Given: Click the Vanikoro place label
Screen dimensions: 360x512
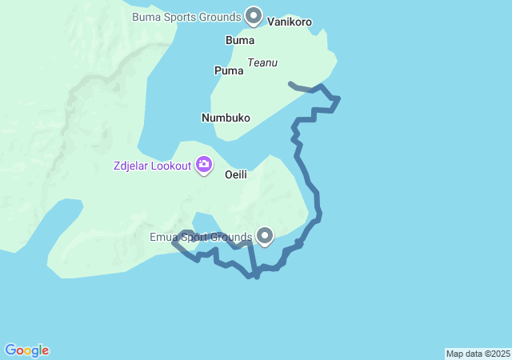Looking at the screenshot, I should [x=289, y=22].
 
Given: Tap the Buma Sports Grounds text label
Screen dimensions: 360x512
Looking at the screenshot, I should [x=186, y=16].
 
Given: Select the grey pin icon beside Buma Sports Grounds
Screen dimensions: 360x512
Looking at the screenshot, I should [x=254, y=15].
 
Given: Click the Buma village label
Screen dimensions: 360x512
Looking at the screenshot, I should [x=240, y=40].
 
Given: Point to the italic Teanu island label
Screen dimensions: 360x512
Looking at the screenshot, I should [x=262, y=62].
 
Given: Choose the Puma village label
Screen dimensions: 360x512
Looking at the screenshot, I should [x=228, y=70].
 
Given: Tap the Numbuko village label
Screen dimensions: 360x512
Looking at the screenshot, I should [x=226, y=118].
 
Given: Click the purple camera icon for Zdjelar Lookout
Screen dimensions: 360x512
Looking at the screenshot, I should [x=203, y=165].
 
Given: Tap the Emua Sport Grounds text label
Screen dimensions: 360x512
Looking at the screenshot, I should [x=201, y=236].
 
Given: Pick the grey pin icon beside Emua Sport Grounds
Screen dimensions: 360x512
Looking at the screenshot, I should [x=265, y=235].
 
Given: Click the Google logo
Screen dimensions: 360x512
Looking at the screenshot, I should [x=27, y=350].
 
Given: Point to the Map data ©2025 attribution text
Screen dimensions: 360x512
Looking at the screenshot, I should [x=478, y=354].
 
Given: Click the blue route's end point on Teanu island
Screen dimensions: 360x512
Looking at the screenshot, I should [x=290, y=83].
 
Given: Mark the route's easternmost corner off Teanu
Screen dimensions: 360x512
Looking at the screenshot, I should [x=339, y=98].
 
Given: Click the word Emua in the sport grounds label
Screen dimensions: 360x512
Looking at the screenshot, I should [x=163, y=236].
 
